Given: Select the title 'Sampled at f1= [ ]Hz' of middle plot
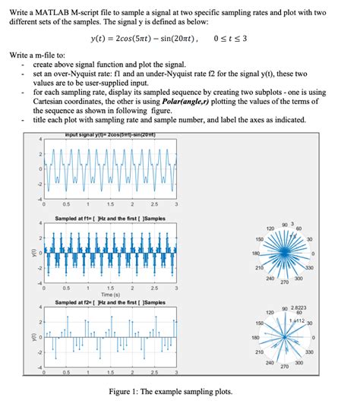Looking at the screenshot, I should tap(110, 219).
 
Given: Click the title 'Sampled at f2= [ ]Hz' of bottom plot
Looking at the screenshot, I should tap(110, 302).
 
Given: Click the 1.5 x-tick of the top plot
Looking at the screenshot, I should tap(111, 204).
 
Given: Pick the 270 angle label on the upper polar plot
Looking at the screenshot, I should tap(284, 282).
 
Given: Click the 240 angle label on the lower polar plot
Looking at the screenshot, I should tap(269, 363).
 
